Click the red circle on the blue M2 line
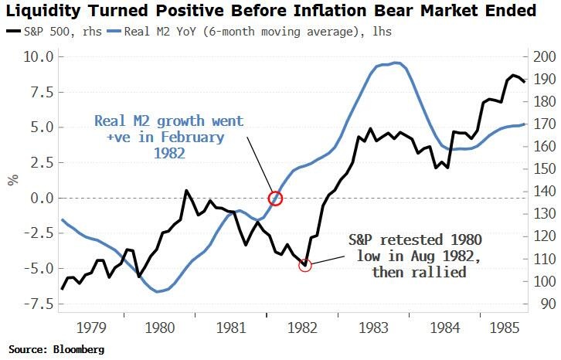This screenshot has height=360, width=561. [x=275, y=199]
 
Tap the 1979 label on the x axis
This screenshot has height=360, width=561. [x=93, y=328]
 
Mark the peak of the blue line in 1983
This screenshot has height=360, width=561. [x=396, y=63]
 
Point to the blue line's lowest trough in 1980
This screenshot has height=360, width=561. [x=158, y=291]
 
